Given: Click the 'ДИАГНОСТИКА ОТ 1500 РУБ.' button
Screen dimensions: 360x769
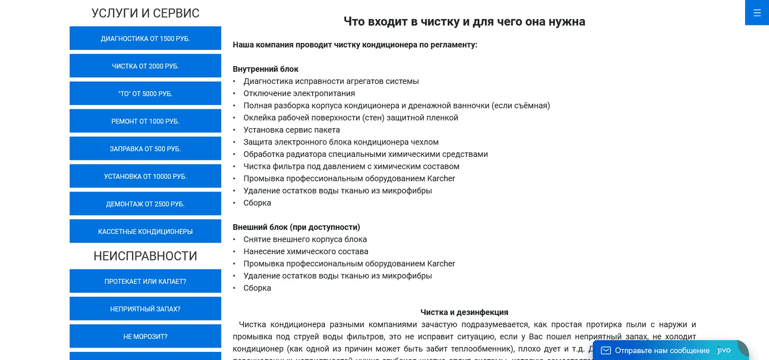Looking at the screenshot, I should [145, 38].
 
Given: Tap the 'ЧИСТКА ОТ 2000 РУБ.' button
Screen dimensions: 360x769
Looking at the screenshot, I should [145, 66].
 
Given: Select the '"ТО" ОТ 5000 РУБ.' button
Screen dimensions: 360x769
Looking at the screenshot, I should [145, 93].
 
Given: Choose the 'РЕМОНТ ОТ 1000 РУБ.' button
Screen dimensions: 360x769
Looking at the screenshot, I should [145, 121].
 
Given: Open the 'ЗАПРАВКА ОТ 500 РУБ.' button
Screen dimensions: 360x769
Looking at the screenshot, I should [145, 149].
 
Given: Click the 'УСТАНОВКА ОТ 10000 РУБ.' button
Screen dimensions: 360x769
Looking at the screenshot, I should [145, 176].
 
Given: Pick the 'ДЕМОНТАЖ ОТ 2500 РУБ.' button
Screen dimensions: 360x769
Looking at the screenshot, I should [145, 204].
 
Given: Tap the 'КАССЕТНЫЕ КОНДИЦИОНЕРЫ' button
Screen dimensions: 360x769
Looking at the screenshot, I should [145, 232].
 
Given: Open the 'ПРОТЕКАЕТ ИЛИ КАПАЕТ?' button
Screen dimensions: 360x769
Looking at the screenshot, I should [145, 282].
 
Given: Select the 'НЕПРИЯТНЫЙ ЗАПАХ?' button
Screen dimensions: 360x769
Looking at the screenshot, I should [145, 309].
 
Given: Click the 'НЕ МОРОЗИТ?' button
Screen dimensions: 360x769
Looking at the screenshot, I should [145, 337].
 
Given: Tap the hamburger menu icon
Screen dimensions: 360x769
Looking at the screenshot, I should [757, 13].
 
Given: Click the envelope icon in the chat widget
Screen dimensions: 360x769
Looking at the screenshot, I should [606, 350].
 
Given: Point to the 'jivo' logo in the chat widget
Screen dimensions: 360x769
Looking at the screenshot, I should [724, 350].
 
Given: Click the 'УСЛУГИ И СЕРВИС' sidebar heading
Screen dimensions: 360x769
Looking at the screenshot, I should [145, 13].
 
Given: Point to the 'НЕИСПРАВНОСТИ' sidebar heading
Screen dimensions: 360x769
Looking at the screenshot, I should [145, 256].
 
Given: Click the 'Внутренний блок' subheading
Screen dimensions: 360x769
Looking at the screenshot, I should [265, 69].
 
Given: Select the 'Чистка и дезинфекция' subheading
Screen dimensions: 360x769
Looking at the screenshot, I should [464, 312].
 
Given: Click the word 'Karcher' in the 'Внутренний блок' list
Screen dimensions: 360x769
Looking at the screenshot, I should [441, 178].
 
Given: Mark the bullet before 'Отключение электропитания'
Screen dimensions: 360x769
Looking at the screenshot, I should [234, 93].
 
